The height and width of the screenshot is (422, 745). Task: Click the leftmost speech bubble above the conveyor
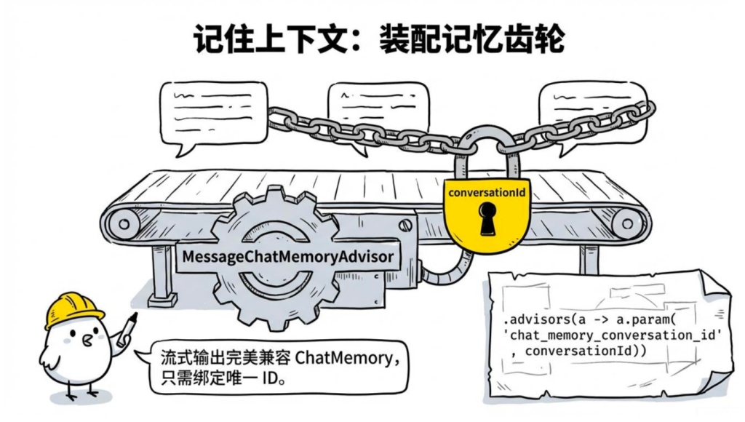203,113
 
